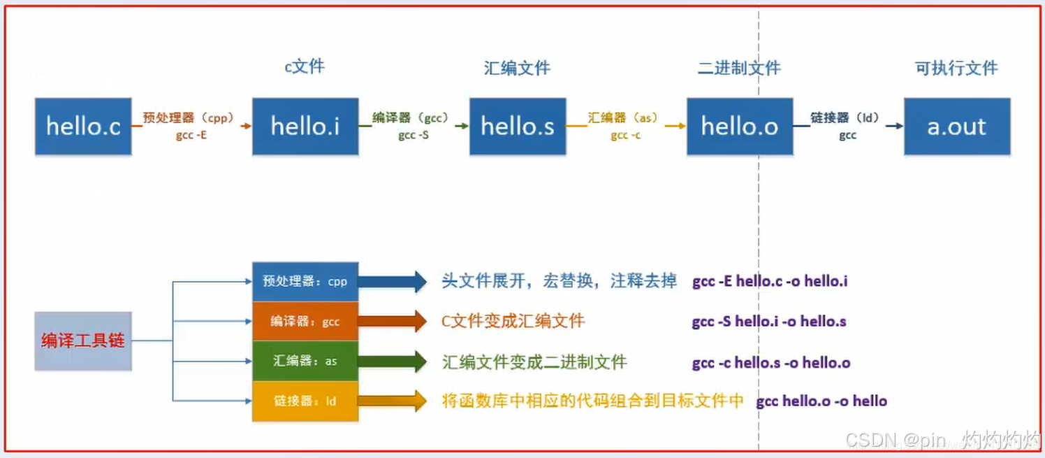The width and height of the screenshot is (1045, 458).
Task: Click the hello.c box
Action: [x=83, y=127]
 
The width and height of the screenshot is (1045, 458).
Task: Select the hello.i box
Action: [x=305, y=127]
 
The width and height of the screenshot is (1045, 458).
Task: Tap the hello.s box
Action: [x=518, y=127]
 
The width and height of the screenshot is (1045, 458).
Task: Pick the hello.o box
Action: [x=740, y=127]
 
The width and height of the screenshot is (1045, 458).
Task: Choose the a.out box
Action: [x=957, y=127]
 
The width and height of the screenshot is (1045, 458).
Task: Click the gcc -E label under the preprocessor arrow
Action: [x=191, y=136]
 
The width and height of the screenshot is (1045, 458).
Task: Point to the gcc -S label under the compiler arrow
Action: [x=414, y=136]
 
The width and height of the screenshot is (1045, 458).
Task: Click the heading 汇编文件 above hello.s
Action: [x=517, y=68]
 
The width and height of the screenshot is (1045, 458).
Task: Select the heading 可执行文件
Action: [x=956, y=68]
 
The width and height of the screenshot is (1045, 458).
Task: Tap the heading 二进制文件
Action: [x=739, y=68]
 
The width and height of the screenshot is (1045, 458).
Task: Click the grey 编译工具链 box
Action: [x=83, y=341]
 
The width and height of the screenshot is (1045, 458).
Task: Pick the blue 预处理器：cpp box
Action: [x=305, y=282]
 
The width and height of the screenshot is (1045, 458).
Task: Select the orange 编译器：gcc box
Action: [x=305, y=322]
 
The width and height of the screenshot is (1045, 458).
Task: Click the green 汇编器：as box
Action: [x=305, y=362]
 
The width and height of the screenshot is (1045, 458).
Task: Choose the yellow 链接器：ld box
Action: [x=305, y=401]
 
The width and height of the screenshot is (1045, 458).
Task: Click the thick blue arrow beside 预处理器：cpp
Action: [x=392, y=282]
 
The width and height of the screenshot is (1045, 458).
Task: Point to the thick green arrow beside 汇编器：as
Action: [x=392, y=362]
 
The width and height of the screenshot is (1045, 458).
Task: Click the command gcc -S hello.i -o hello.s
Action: [x=769, y=322]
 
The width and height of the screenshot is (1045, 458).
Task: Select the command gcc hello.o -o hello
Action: [x=821, y=401]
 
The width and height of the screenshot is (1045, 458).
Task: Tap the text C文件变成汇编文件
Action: [x=513, y=322]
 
